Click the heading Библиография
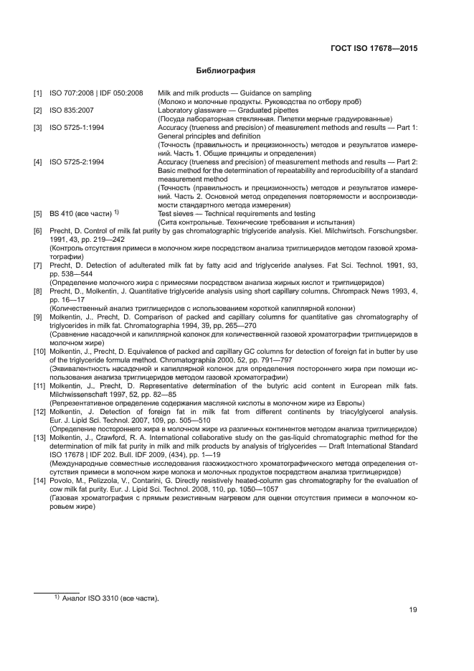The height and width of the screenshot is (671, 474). [x=226, y=71]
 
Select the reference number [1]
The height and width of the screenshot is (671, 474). [x=37, y=93]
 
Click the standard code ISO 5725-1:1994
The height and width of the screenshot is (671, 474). [x=77, y=127]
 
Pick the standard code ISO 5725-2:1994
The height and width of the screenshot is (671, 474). [x=77, y=162]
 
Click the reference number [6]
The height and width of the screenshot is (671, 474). [x=37, y=230]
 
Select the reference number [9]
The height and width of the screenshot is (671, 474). [x=37, y=316]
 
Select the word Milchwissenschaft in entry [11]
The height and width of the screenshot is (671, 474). [x=78, y=395]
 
